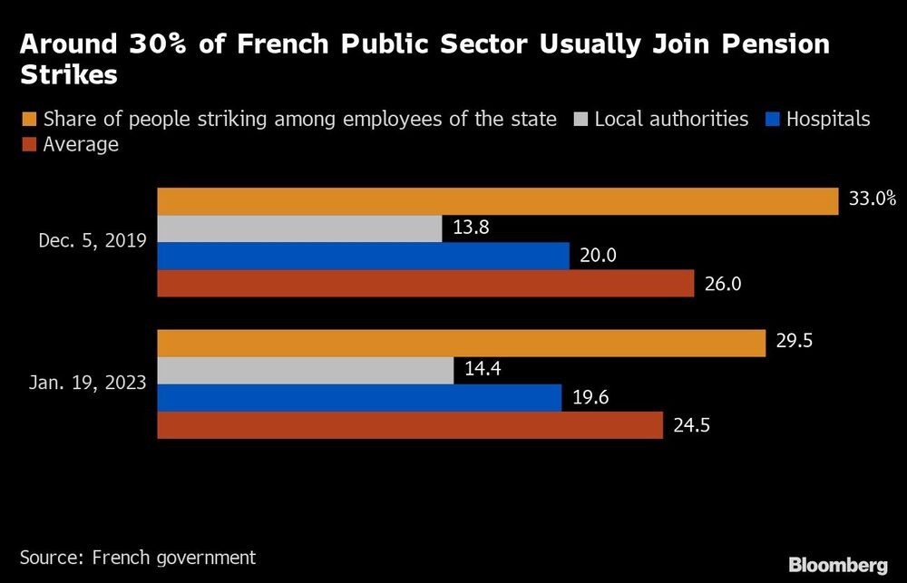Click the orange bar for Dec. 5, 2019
[497, 201]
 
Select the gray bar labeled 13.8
[299, 228]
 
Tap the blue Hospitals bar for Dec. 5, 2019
[363, 256]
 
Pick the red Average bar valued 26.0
[426, 283]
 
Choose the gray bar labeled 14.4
[306, 370]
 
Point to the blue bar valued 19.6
[359, 397]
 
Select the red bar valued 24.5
[410, 424]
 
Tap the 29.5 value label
[795, 343]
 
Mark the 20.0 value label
[598, 256]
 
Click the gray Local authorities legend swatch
[580, 119]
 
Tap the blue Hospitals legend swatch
[773, 119]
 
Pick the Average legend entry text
[81, 144]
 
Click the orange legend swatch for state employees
[28, 119]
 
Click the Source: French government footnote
[138, 557]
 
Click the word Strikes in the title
[69, 75]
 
